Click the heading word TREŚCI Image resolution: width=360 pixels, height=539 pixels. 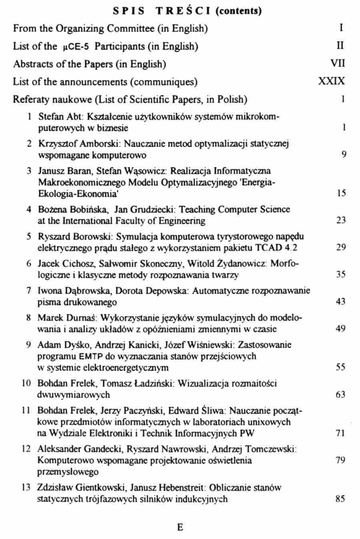coord(184,11)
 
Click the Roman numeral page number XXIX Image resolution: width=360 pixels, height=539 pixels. coord(331,82)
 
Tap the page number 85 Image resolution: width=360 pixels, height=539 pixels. coord(340,499)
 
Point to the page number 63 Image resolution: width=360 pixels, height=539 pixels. coord(340,395)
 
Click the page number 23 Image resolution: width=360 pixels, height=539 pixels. coord(341,220)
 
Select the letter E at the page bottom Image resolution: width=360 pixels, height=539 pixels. coord(180,527)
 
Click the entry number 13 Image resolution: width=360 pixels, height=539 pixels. coord(26,488)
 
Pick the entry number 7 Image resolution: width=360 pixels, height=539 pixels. coord(29,291)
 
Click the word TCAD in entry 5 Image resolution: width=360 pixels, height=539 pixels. coord(268,248)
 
